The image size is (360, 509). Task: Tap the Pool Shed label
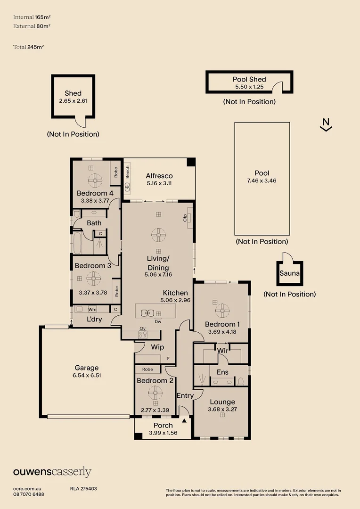(249, 80)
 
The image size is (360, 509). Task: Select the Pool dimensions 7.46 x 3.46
(262, 181)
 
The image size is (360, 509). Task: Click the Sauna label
(289, 273)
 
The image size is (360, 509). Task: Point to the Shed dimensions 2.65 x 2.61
(73, 101)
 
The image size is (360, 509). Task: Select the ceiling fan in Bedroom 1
(221, 310)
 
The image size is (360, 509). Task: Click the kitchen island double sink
(147, 312)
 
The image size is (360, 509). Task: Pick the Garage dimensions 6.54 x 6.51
(87, 376)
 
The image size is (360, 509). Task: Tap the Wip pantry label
(157, 347)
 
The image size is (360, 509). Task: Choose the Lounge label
(222, 402)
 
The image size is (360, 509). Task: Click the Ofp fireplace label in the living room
(185, 217)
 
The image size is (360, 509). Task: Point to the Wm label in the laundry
(92, 310)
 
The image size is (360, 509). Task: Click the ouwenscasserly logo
(52, 472)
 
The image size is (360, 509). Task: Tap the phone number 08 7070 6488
(28, 494)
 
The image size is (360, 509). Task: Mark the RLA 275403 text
(83, 489)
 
